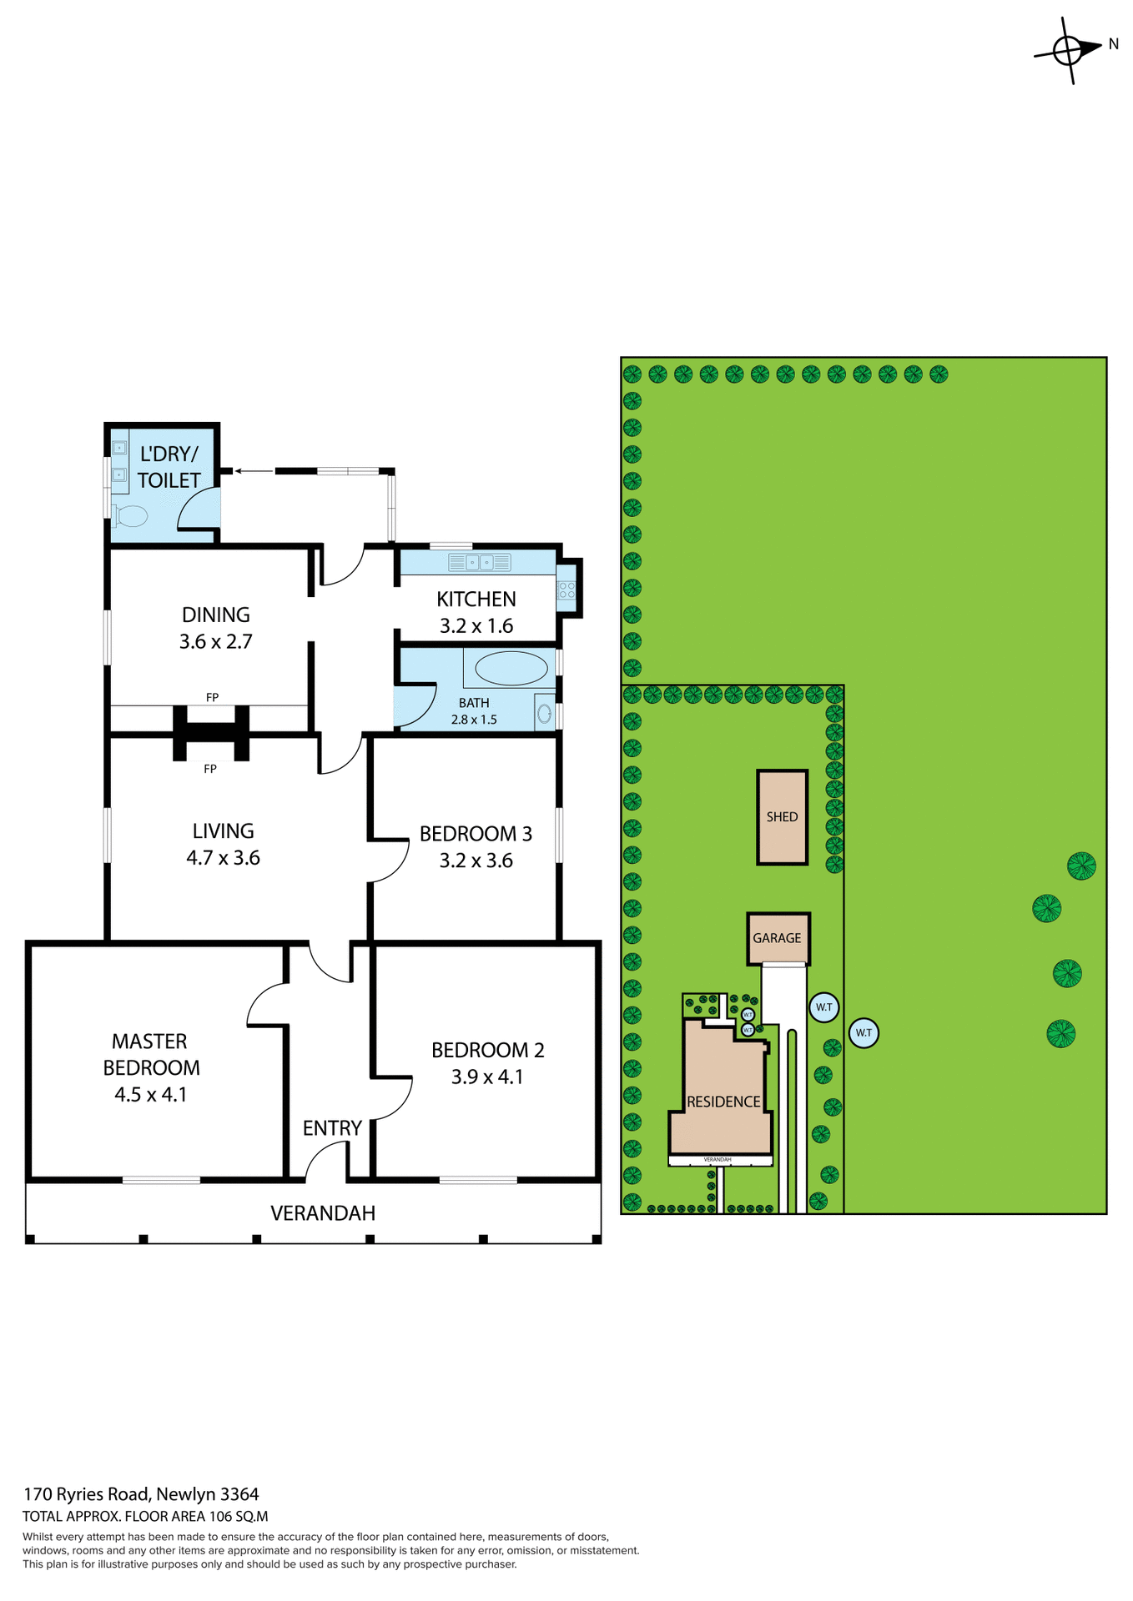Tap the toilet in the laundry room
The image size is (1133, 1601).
130,516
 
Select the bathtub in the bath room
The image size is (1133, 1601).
511,668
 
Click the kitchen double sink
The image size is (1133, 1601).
479,563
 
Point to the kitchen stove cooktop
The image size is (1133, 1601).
566,590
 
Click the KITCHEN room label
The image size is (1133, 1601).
476,600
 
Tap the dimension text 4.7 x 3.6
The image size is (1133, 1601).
223,858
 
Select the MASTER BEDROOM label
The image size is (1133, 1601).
151,1054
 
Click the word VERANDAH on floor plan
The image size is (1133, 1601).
323,1213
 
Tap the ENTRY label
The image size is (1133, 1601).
332,1128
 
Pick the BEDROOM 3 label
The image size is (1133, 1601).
476,834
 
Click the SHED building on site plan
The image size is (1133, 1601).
782,817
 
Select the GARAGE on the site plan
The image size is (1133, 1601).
777,938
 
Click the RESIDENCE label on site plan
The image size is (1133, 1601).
723,1102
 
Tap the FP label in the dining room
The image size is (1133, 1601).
212,697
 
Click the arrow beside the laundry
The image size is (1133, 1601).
254,471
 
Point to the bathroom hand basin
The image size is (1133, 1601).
544,714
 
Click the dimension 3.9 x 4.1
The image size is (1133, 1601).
487,1077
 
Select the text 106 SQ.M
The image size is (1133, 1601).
238,1517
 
